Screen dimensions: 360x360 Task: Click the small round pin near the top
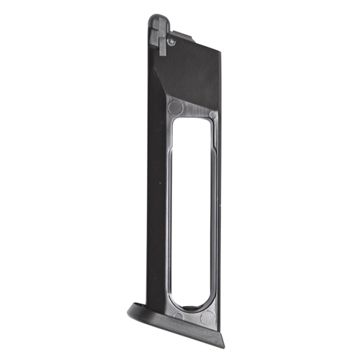coord(171,42)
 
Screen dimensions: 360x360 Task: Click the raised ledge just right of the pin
coord(186,35)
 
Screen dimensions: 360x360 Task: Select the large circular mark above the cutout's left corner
coord(175,108)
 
